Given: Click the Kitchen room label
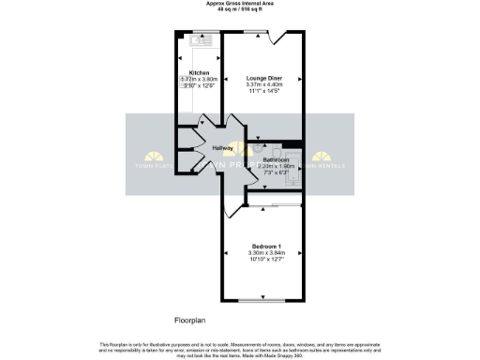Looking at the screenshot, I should pyautogui.click(x=199, y=72).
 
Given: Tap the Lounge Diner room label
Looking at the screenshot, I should pyautogui.click(x=264, y=78).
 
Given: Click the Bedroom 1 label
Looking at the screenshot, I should pyautogui.click(x=267, y=246).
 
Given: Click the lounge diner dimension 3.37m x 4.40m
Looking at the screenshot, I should pyautogui.click(x=264, y=85).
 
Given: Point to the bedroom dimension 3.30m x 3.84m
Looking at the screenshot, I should pyautogui.click(x=267, y=253).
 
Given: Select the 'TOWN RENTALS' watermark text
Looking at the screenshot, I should pyautogui.click(x=334, y=166).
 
